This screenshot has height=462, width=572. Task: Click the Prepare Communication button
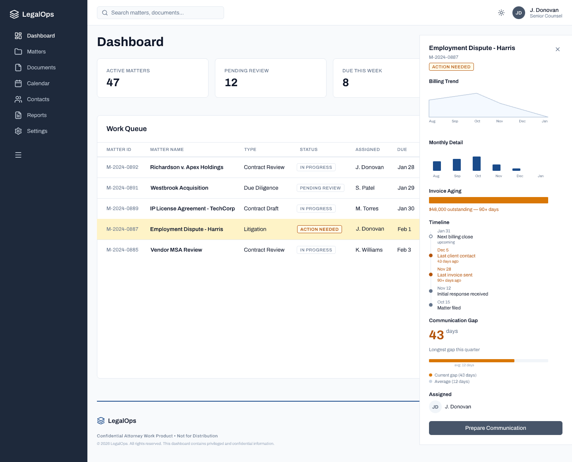[495, 428]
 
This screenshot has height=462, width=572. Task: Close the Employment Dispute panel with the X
[558, 49]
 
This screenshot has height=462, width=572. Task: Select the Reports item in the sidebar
[37, 115]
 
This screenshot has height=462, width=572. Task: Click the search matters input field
[160, 13]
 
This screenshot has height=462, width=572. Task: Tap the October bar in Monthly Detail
[477, 164]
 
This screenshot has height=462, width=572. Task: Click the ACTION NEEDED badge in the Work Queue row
[319, 229]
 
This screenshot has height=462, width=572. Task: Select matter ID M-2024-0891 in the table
[122, 188]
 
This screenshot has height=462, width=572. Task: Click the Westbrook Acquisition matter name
[179, 188]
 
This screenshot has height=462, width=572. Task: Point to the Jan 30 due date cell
[406, 209]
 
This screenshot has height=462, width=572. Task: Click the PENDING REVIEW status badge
[320, 188]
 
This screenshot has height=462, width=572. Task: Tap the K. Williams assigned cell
[369, 250]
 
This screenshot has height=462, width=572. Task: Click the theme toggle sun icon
[501, 13]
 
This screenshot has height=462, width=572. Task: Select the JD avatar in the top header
[519, 13]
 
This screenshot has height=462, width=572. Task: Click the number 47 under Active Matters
[113, 83]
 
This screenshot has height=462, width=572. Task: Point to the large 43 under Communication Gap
[436, 335]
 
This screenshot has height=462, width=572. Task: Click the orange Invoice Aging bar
[488, 200]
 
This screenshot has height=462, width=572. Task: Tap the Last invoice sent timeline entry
[455, 275]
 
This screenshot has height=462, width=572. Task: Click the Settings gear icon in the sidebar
[18, 131]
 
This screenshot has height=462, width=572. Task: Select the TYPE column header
[250, 150]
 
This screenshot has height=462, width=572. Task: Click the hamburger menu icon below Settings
[18, 155]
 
